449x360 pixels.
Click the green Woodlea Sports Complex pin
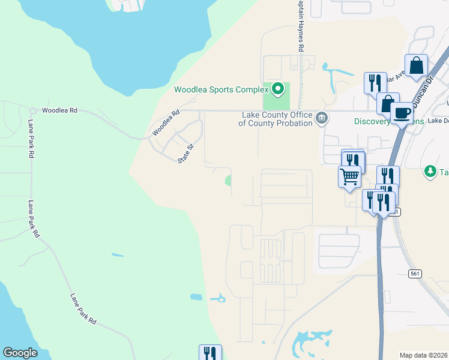277,89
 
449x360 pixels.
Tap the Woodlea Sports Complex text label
220,90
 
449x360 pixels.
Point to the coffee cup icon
402,112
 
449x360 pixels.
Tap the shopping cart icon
349,177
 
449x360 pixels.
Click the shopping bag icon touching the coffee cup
388,103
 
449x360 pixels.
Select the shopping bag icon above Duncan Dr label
416,65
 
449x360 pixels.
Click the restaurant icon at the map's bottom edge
210,353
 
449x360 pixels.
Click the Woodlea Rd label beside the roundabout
60,110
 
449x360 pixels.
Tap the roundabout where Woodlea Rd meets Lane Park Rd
32,110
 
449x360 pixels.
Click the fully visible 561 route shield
415,274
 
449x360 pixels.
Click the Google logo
20,353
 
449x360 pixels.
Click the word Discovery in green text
372,121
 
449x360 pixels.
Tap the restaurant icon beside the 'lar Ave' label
375,82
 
